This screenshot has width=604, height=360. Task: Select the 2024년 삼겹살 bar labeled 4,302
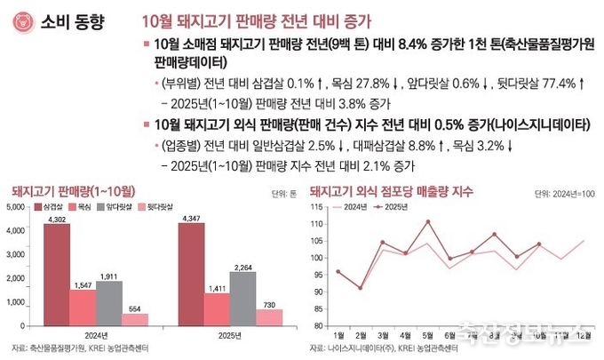click(57, 275)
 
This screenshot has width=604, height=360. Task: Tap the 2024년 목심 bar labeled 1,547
click(83, 308)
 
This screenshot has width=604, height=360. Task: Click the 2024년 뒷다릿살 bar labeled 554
click(135, 319)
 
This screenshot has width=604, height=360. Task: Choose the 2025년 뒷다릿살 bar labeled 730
click(269, 317)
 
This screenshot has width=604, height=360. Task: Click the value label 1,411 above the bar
click(217, 289)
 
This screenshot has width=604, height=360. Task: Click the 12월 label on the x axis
click(583, 334)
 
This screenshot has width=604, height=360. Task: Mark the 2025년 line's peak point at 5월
click(427, 221)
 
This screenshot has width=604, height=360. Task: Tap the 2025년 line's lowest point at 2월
click(360, 288)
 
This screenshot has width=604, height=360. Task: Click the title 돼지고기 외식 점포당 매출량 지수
click(391, 190)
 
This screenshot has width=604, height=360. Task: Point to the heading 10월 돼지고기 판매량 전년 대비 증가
click(257, 19)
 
